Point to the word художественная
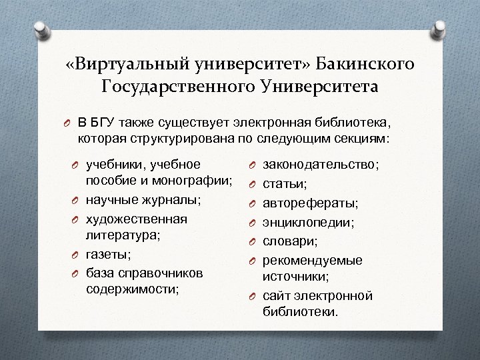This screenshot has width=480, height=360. click(x=137, y=219)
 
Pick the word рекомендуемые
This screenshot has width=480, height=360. click(x=313, y=259)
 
